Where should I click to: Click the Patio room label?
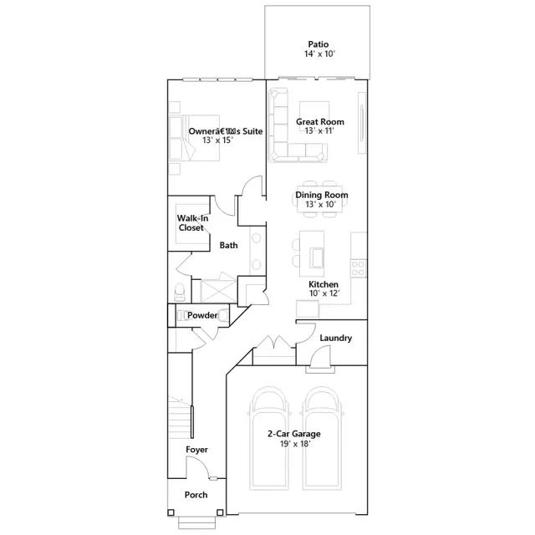(x=318, y=44)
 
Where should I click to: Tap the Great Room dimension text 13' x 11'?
(x=319, y=130)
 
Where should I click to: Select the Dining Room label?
(x=322, y=195)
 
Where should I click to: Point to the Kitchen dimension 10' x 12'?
(x=324, y=293)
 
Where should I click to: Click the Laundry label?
(x=336, y=338)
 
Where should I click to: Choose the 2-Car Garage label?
(x=293, y=434)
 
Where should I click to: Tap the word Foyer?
(x=197, y=450)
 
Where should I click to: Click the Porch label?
(x=196, y=495)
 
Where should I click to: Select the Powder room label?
(x=202, y=315)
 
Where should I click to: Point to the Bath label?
(x=228, y=245)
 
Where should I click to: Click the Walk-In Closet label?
(x=192, y=223)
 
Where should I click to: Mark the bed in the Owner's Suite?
(x=194, y=137)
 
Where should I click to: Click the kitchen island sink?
(x=317, y=257)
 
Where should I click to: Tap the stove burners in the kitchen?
(x=358, y=268)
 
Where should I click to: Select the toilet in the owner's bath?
(x=180, y=292)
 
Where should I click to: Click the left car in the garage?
(x=269, y=438)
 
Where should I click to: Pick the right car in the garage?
(x=323, y=438)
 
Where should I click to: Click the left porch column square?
(x=171, y=512)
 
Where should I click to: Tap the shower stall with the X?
(x=218, y=291)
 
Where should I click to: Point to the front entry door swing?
(x=197, y=467)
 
